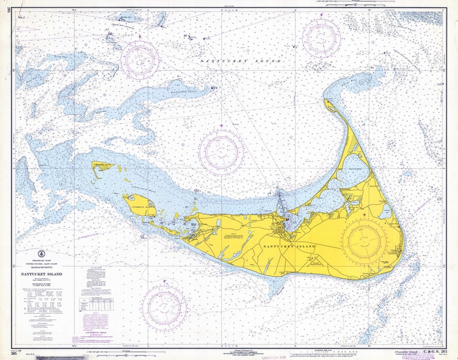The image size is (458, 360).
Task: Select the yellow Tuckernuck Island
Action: (138, 204)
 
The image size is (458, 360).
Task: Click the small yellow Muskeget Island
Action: (103, 166)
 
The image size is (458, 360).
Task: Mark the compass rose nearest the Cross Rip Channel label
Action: (140, 59)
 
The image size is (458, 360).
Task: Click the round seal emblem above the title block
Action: (42, 254)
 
